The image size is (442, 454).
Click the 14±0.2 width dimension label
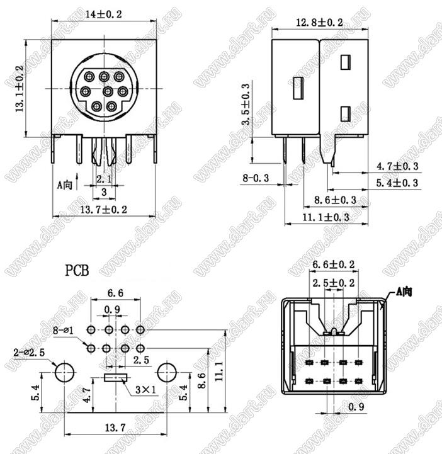[103, 14]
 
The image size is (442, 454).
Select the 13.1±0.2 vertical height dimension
[20, 89]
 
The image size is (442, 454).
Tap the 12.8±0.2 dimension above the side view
[319, 22]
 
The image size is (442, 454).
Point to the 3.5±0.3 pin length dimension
[246, 105]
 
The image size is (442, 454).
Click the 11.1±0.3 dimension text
[326, 217]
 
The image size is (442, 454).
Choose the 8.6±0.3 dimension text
[335, 200]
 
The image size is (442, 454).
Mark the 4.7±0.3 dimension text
[397, 166]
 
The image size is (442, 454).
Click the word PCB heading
[77, 270]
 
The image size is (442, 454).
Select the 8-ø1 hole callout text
[63, 330]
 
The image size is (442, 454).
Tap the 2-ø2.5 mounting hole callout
[29, 353]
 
